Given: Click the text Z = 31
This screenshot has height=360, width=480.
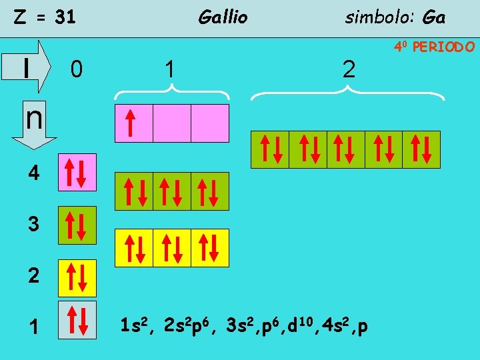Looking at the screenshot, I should click(x=45, y=18).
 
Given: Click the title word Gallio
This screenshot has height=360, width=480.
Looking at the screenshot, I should click(x=223, y=17).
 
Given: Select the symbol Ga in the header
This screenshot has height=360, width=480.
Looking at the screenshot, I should click(x=433, y=17).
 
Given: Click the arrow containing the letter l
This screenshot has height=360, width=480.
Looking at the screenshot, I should click(x=33, y=66).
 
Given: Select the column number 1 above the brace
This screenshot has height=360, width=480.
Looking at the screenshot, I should click(x=171, y=69).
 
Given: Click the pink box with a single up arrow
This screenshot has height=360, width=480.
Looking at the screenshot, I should click(x=134, y=123).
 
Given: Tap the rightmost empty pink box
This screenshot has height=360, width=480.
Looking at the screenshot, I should click(x=210, y=123).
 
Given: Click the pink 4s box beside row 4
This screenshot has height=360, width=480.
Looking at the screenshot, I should click(x=77, y=173).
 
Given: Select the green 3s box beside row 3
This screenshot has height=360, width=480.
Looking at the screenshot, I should click(x=77, y=225).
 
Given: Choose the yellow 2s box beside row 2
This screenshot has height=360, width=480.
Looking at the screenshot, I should click(x=77, y=277).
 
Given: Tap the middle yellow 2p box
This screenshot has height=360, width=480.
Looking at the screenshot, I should click(x=172, y=248).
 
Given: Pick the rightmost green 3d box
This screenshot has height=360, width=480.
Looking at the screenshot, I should click(x=421, y=149).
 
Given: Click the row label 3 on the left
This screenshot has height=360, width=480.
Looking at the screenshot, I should click(x=33, y=225).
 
